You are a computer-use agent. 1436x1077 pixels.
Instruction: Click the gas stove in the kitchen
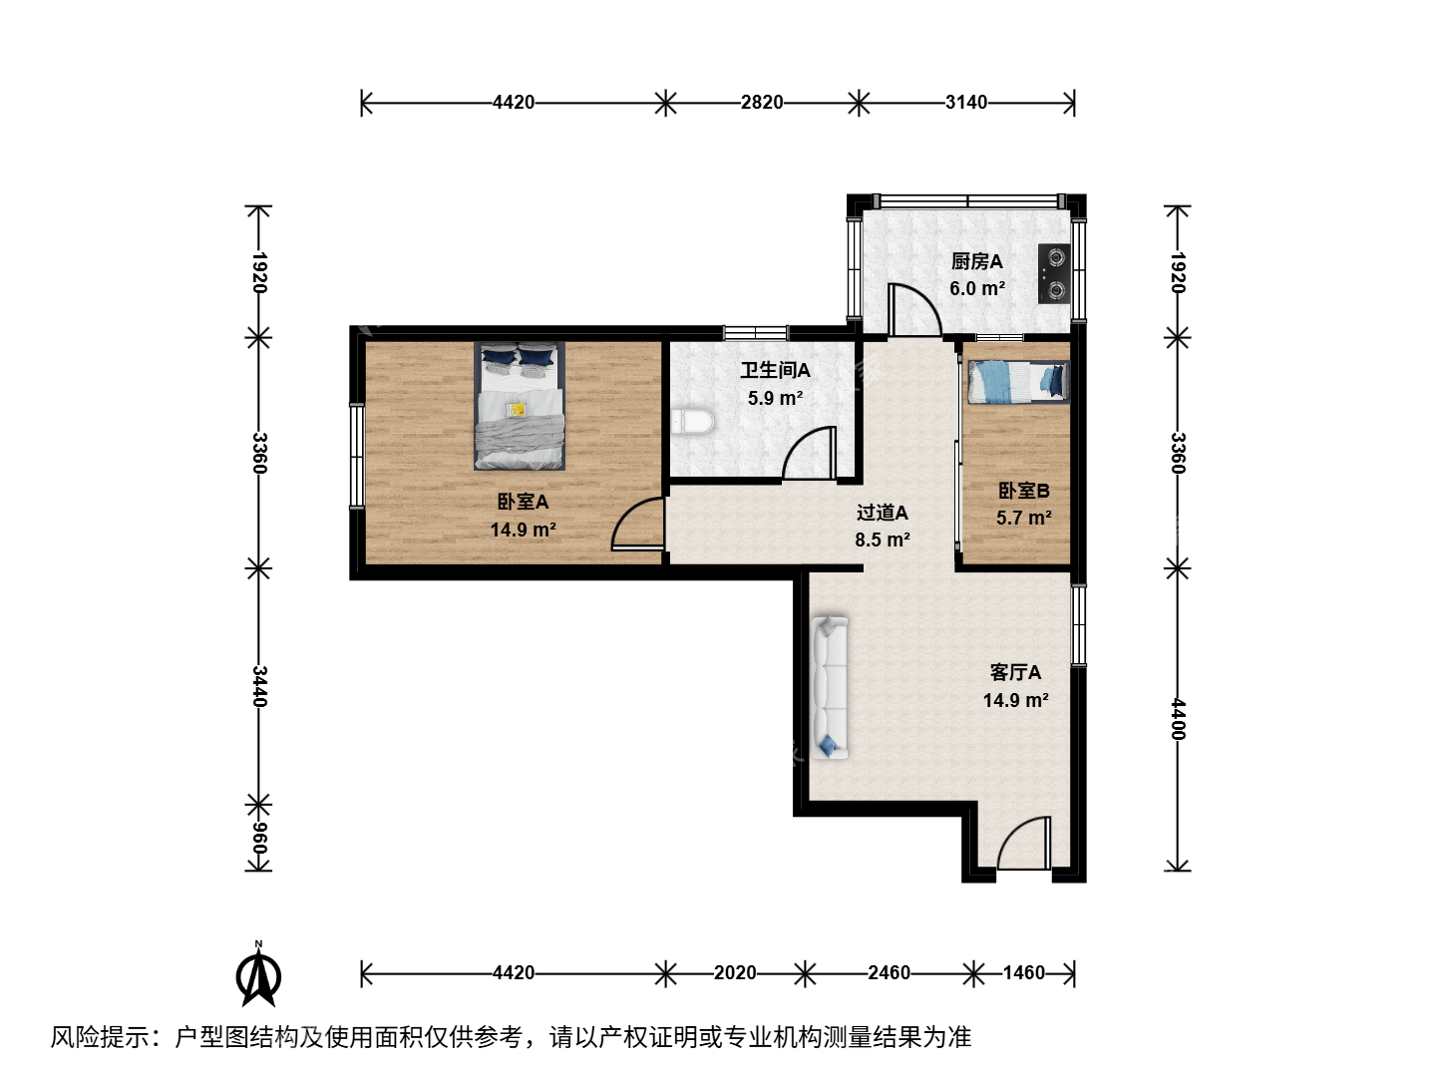pyautogui.click(x=1054, y=273)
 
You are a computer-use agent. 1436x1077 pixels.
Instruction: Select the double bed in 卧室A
pyautogui.click(x=520, y=406)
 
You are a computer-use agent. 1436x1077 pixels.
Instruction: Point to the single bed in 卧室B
pyautogui.click(x=1018, y=382)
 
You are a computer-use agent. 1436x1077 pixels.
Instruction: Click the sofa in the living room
pyautogui.click(x=830, y=687)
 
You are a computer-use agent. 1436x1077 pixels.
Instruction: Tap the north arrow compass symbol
pyautogui.click(x=258, y=973)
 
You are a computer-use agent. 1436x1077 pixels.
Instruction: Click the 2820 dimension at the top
pyautogui.click(x=762, y=103)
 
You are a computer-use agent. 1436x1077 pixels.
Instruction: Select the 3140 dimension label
pyautogui.click(x=966, y=103)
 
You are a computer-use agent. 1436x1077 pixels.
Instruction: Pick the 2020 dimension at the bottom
pyautogui.click(x=735, y=973)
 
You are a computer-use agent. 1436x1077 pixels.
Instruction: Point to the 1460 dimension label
pyautogui.click(x=1024, y=973)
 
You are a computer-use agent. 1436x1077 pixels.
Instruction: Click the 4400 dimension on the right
pyautogui.click(x=1178, y=719)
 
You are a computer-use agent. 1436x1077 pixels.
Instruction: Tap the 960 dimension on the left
pyautogui.click(x=259, y=839)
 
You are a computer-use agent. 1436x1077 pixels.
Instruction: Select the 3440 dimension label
pyautogui.click(x=259, y=687)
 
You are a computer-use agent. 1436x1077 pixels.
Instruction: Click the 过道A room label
pyautogui.click(x=882, y=513)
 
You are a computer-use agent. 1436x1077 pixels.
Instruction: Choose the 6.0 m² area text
pyautogui.click(x=976, y=288)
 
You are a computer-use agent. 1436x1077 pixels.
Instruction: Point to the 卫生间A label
pyautogui.click(x=775, y=371)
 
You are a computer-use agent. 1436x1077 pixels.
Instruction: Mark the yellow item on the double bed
pyautogui.click(x=517, y=409)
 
